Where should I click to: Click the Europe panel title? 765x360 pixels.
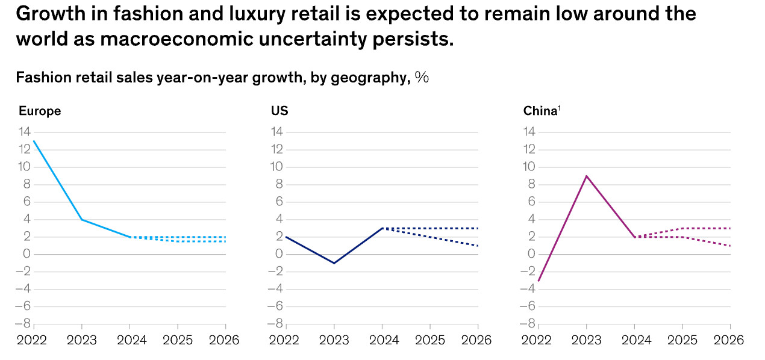[40, 111]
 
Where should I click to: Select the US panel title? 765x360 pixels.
[279, 111]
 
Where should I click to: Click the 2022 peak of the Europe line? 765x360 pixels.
[34, 141]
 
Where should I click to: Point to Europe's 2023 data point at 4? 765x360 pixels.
[82, 219]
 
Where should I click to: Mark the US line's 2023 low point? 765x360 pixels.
[334, 263]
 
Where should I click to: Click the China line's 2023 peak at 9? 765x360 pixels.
[586, 176]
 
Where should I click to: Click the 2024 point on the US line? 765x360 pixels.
[382, 228]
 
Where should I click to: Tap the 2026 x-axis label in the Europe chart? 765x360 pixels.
[224, 341]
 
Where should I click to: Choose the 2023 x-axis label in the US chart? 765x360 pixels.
[334, 341]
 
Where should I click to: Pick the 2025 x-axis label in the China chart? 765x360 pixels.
[682, 341]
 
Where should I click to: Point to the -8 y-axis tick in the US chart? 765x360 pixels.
[275, 324]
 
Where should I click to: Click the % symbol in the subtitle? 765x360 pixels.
[422, 78]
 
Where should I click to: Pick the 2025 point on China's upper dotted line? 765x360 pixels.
[682, 228]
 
